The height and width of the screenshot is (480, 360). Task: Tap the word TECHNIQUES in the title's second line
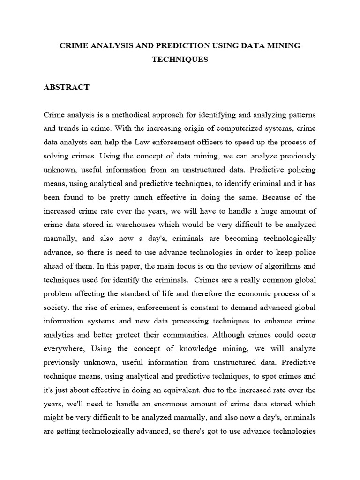pyautogui.click(x=180, y=60)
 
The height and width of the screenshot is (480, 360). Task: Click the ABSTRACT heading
pyautogui.click(x=66, y=88)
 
